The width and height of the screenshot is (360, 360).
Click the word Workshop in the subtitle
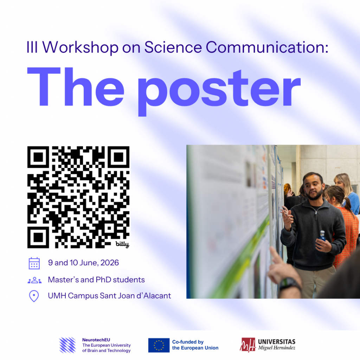(81, 47)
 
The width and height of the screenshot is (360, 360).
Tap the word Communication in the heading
(267, 47)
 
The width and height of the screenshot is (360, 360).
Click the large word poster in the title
(219, 92)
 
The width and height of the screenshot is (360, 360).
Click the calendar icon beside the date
(34, 263)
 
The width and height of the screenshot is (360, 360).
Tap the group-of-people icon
(35, 280)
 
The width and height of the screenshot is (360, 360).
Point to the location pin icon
(34, 296)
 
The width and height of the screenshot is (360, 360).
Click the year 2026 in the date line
(110, 263)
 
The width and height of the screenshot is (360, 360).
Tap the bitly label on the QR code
(122, 244)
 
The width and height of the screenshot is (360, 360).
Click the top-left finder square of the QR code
(38, 157)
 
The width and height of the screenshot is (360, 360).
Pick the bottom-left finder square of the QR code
(38, 237)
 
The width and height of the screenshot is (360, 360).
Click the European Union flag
(159, 345)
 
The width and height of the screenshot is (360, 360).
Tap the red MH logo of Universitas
(248, 345)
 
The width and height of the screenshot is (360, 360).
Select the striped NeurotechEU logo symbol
(67, 345)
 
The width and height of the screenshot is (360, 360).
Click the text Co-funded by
(188, 342)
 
